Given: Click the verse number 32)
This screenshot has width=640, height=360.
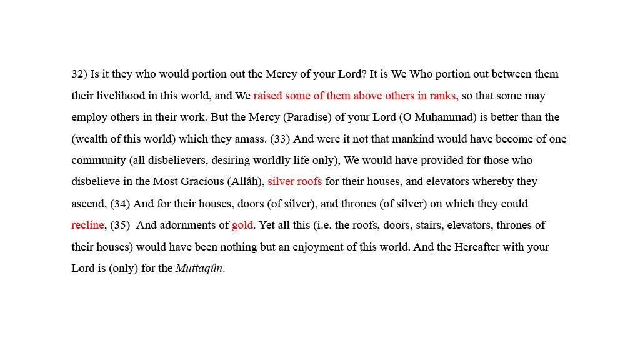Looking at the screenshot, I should tap(79, 74).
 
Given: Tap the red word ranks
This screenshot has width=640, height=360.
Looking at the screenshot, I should tap(442, 96).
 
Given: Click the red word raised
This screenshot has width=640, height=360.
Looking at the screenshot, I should tap(268, 96).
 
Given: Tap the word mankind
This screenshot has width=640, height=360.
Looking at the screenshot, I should tap(393, 139).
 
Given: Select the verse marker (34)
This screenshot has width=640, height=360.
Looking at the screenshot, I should tap(120, 204).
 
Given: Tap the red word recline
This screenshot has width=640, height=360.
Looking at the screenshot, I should tap(87, 226).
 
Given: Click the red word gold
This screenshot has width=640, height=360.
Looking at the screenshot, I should tap(242, 226).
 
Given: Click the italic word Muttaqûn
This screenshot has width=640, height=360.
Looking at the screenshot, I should tap(199, 269).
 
